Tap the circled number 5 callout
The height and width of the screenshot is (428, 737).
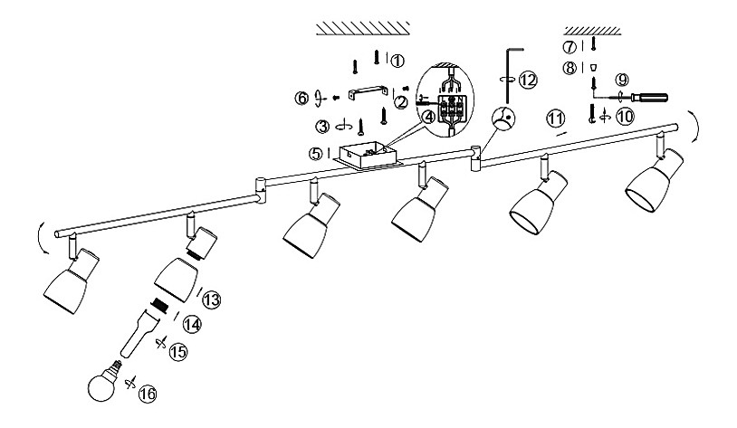point(315,154)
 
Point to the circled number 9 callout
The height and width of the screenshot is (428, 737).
point(620,79)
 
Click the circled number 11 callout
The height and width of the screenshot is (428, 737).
point(555,119)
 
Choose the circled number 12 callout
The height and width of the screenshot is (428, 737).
point(528,80)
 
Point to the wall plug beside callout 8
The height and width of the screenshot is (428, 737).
point(594,67)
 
